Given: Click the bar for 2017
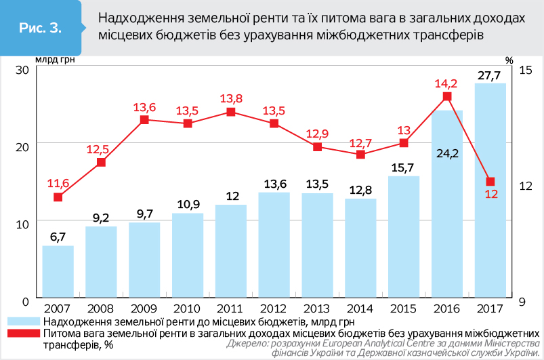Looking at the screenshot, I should tap(490, 190).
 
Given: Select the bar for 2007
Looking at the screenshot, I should tap(58, 271).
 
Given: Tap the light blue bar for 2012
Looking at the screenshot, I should tap(274, 244).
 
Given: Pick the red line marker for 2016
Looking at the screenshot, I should tap(447, 97).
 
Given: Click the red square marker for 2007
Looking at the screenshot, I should tap(58, 197).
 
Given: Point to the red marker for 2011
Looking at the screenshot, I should tap(231, 112).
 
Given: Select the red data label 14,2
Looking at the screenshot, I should tap(446, 83).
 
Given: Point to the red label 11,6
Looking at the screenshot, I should tap(58, 183).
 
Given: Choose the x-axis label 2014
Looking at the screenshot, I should tap(360, 309).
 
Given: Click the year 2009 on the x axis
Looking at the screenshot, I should tap(144, 309).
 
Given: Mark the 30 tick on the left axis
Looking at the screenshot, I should tap(20, 71).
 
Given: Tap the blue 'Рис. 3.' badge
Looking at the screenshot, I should tap(41, 28).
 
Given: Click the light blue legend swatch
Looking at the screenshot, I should tap(23, 321).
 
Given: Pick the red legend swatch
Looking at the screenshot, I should tap(23, 333).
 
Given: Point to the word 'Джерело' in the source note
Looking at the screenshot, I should tap(247, 344).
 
